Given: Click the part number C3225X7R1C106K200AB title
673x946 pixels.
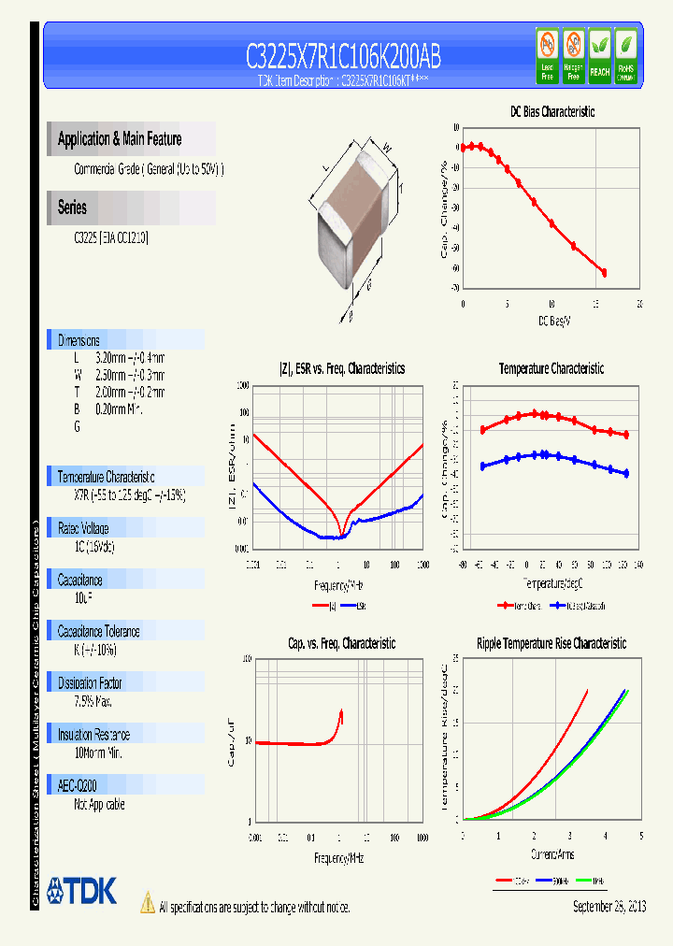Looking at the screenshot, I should (x=343, y=57).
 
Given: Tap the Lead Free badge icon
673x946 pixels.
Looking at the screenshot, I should (x=547, y=56).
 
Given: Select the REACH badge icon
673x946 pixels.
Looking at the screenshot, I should (x=599, y=56).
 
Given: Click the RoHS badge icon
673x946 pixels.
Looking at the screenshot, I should (x=626, y=56).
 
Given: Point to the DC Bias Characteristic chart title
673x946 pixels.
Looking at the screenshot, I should (x=551, y=111).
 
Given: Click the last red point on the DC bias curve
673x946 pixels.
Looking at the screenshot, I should (x=604, y=272).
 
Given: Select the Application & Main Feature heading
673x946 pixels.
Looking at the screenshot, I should (x=120, y=139).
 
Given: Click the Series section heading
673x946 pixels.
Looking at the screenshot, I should (x=72, y=208).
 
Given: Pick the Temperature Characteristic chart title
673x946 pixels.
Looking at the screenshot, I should (x=551, y=368).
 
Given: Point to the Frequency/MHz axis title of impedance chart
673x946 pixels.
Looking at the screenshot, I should (x=338, y=585).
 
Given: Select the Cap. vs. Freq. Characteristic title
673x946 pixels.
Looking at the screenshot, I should (x=341, y=643).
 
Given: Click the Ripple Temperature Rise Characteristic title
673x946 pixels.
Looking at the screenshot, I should (x=551, y=643).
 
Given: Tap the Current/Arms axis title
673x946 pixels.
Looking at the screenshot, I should (x=551, y=854).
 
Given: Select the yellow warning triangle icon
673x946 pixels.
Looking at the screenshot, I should (x=147, y=902).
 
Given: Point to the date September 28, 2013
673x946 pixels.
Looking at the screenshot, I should (x=609, y=907).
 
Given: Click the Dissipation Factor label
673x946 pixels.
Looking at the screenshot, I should (x=90, y=683).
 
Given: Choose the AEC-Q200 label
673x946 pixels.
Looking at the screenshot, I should (x=77, y=786).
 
